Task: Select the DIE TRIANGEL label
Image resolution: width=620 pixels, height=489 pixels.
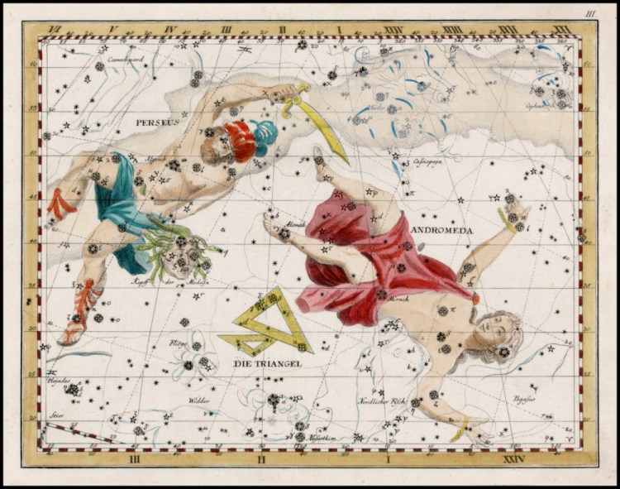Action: coord(267,363)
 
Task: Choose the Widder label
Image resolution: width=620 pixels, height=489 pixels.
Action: coord(199,400)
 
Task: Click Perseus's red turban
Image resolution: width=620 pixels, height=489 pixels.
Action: coord(240,139)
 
